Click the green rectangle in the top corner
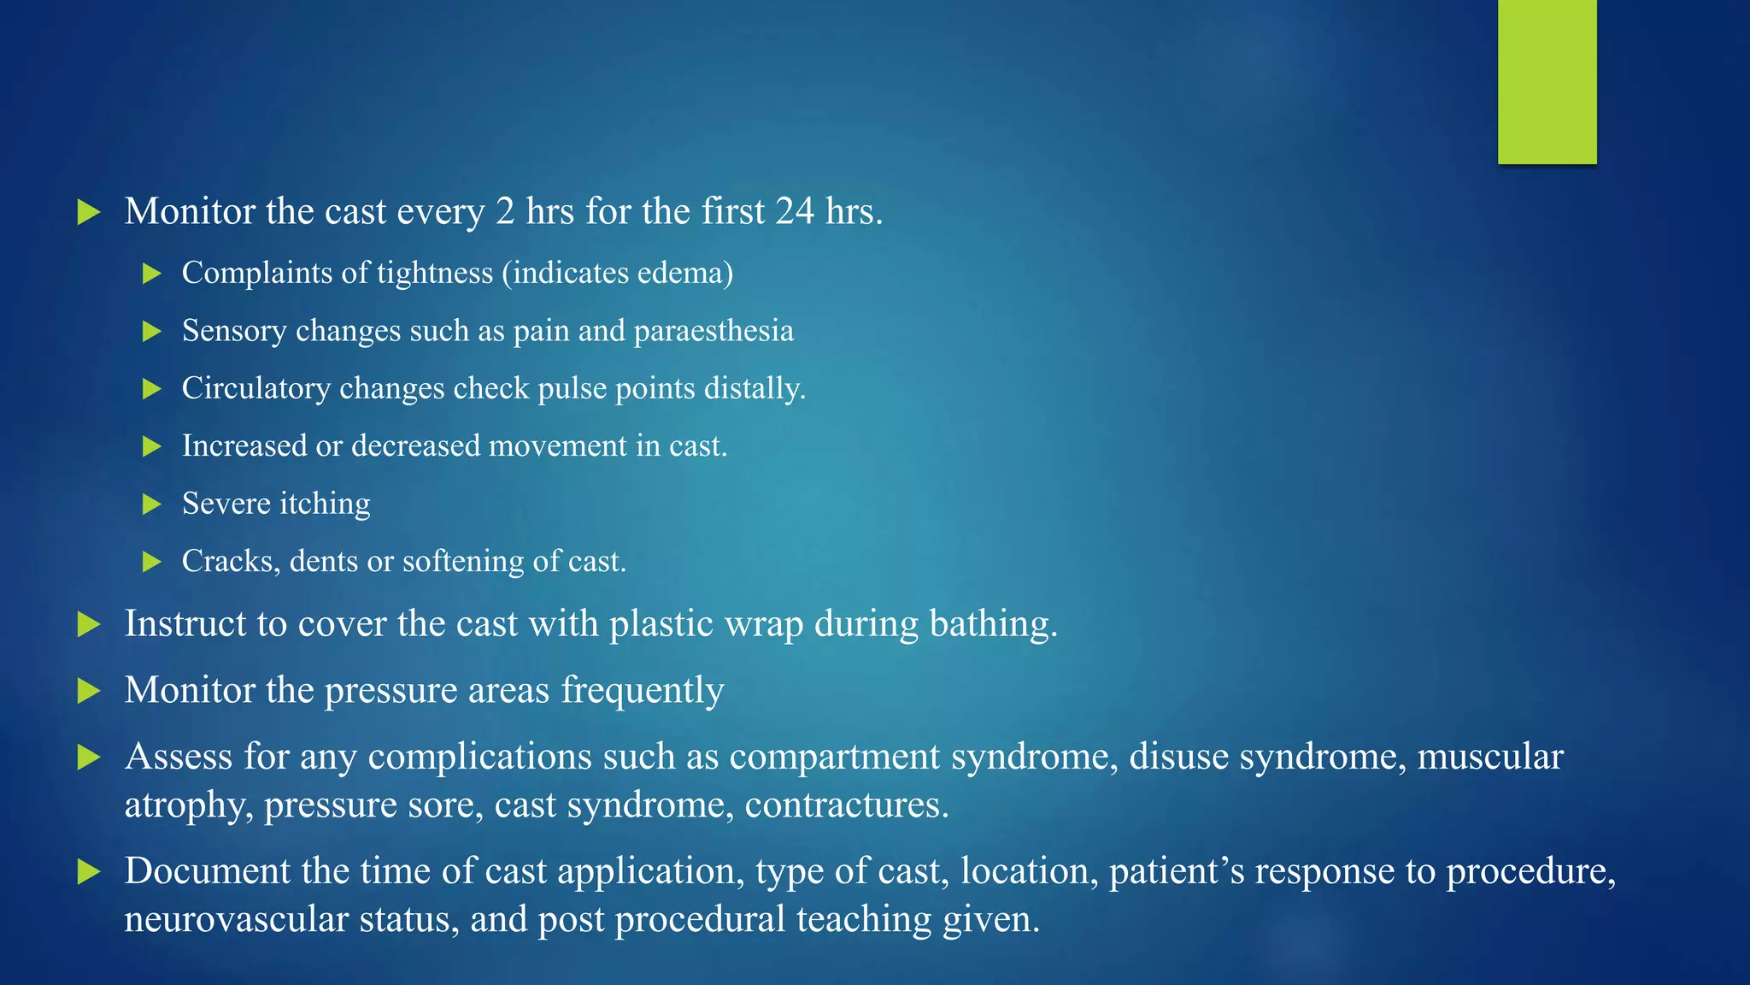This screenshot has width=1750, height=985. [1547, 81]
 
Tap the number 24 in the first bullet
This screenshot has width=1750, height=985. [795, 211]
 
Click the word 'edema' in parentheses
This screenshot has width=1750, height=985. [686, 273]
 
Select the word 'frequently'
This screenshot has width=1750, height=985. [643, 690]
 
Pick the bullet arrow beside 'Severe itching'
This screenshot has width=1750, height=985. [152, 504]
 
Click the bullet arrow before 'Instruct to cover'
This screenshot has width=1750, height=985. [89, 624]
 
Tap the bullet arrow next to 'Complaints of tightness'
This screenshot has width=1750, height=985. [152, 274]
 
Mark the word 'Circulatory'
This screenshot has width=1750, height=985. [255, 388]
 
